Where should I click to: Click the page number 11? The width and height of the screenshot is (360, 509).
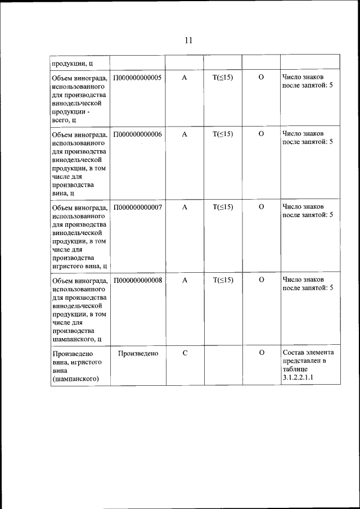click(188, 40)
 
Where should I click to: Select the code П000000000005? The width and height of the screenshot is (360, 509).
click(137, 77)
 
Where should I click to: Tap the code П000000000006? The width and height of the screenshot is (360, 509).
click(137, 134)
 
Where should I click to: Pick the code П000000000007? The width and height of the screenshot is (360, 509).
click(137, 207)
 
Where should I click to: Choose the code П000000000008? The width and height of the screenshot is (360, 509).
click(137, 280)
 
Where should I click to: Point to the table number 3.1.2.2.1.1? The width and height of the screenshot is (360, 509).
click(298, 378)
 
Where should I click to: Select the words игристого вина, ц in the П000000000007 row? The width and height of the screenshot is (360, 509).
click(79, 266)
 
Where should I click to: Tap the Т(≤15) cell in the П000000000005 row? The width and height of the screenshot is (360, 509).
click(223, 77)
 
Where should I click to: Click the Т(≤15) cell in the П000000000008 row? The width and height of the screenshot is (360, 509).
click(223, 280)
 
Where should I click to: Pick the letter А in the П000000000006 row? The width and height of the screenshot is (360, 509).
click(184, 134)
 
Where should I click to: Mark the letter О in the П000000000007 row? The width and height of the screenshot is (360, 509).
click(261, 207)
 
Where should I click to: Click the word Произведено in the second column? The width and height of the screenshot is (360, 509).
click(138, 353)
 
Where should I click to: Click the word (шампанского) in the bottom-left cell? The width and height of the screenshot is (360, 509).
click(75, 379)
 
